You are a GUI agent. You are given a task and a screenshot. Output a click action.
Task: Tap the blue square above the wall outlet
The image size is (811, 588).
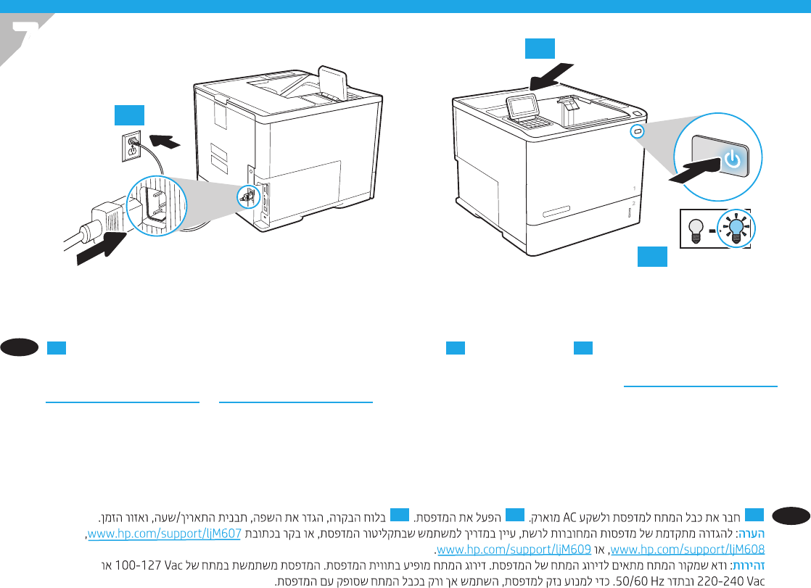coord(129,115)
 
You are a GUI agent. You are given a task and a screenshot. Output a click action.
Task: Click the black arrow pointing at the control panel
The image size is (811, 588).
coord(551,76)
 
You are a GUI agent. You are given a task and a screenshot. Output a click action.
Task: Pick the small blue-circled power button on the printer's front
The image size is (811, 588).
coord(637,131)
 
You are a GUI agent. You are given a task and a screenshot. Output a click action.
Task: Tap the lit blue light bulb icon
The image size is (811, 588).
coord(736,228)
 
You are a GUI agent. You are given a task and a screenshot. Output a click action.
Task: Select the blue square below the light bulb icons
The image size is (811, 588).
coord(653,257)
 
